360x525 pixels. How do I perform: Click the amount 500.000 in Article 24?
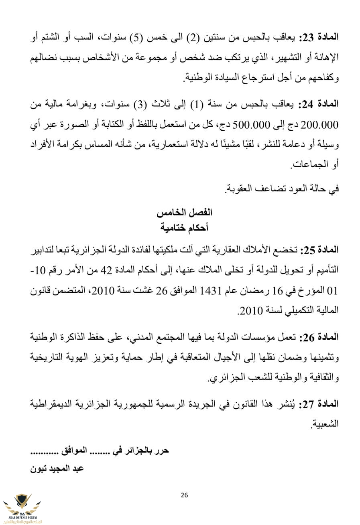coord(251,125)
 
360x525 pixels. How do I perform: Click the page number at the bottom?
coord(184,495)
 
